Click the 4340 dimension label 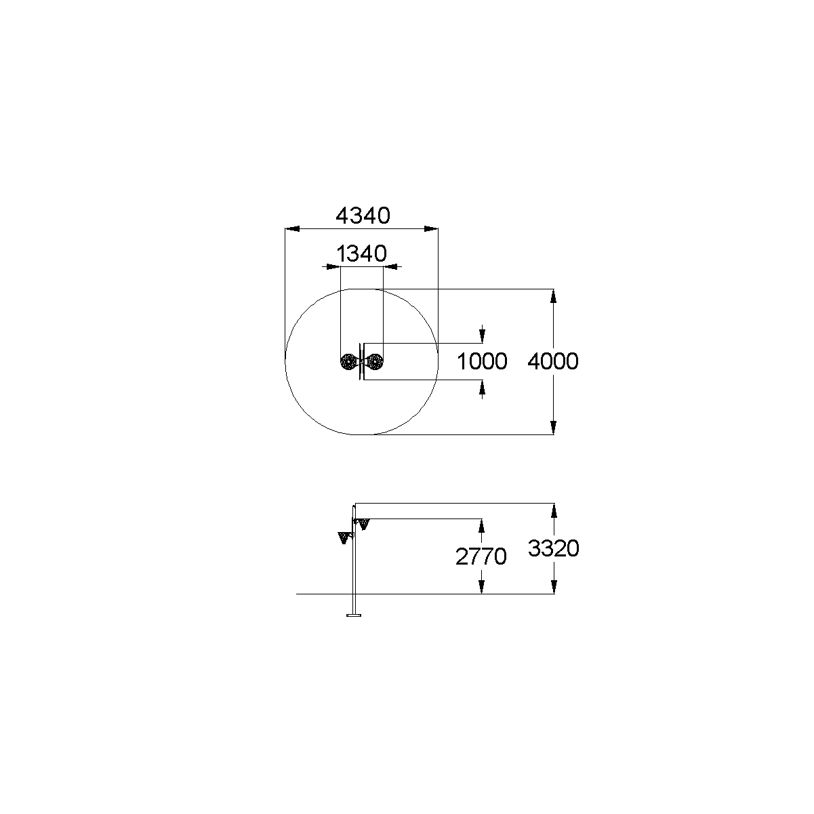(x=363, y=216)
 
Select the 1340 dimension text (x=362, y=253)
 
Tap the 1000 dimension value (x=482, y=361)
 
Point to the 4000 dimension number (x=553, y=361)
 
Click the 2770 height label (x=481, y=556)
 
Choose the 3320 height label (x=553, y=548)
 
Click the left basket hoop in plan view (x=348, y=362)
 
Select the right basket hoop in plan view (x=375, y=362)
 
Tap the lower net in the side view (x=344, y=537)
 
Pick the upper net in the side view (x=363, y=524)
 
